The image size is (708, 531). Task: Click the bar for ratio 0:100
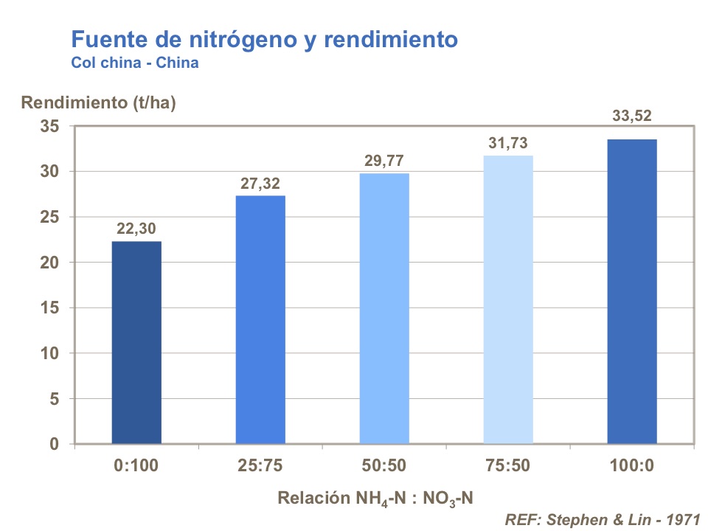tap(136, 343)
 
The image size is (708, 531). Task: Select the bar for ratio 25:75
tap(260, 320)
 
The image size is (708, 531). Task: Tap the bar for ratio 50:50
tap(384, 309)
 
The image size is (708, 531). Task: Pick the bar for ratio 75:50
tap(508, 300)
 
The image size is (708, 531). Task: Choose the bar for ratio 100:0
tap(632, 292)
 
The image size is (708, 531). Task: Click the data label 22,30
tap(136, 229)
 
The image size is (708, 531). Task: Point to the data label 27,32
tap(260, 184)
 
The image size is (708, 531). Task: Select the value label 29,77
tap(384, 162)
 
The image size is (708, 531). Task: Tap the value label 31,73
tap(508, 144)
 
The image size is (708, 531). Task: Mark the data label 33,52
tap(632, 116)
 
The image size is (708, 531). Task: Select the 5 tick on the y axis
tap(52, 399)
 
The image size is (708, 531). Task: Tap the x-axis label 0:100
tap(136, 465)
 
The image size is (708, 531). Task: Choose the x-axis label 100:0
tap(632, 465)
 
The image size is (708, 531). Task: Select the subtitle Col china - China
tap(135, 63)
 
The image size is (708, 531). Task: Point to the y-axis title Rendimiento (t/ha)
tap(98, 103)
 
